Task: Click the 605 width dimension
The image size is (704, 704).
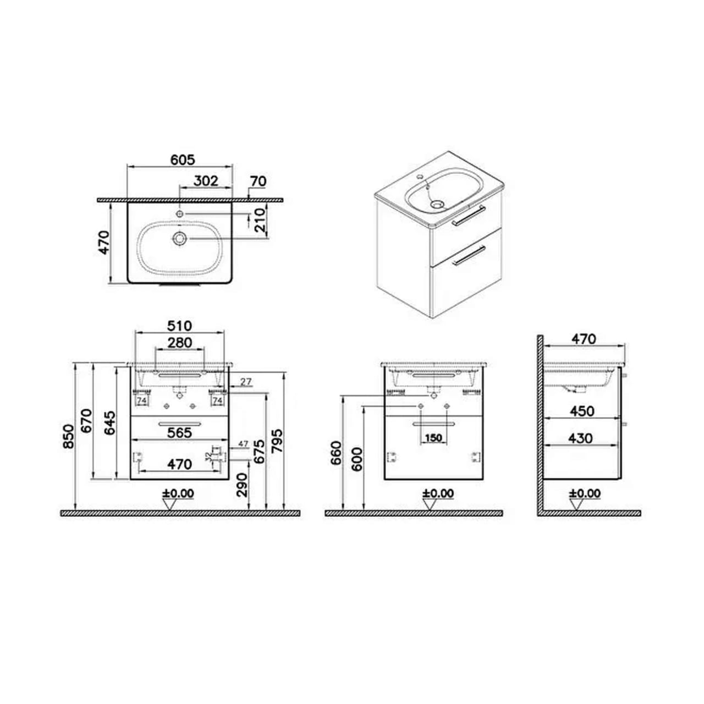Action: click(182, 160)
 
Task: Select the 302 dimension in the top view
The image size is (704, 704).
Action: click(206, 180)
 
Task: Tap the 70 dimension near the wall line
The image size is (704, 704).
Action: click(257, 181)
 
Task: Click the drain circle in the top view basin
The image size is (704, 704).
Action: click(179, 239)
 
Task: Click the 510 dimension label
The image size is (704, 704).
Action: click(180, 326)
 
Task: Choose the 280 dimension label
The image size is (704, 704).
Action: click(180, 343)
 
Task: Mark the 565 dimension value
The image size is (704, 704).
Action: click(179, 433)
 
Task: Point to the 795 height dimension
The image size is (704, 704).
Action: click(277, 440)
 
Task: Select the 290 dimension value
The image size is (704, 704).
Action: click(243, 485)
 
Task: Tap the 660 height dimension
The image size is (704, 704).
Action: click(336, 452)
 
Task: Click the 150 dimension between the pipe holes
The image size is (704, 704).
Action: click(433, 438)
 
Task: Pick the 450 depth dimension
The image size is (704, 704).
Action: click(581, 411)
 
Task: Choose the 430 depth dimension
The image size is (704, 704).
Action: click(580, 438)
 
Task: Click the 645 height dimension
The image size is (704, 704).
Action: click(110, 422)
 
